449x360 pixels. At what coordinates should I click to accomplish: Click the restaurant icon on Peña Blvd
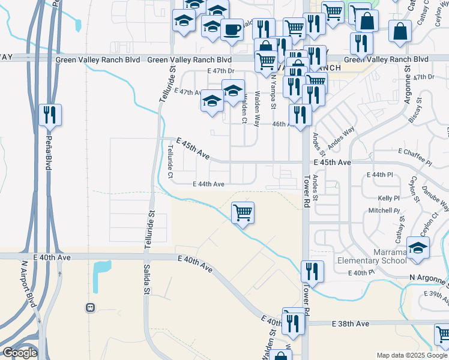pos(50,114)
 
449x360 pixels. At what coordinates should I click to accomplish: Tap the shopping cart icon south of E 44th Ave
pos(243,212)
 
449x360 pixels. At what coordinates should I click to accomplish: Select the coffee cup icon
pos(232,29)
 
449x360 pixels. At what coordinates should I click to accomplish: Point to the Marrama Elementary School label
pos(372,256)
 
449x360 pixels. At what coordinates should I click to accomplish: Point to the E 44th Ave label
pos(208,184)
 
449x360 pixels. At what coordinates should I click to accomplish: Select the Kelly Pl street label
pos(388,198)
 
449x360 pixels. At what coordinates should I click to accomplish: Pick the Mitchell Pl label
pos(384,211)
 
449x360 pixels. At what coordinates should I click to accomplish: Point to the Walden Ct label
pos(244,110)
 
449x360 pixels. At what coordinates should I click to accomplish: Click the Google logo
pos(20,353)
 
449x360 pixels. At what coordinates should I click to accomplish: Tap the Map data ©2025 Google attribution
pos(411,355)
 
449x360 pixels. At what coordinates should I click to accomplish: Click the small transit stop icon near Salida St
pos(91,307)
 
